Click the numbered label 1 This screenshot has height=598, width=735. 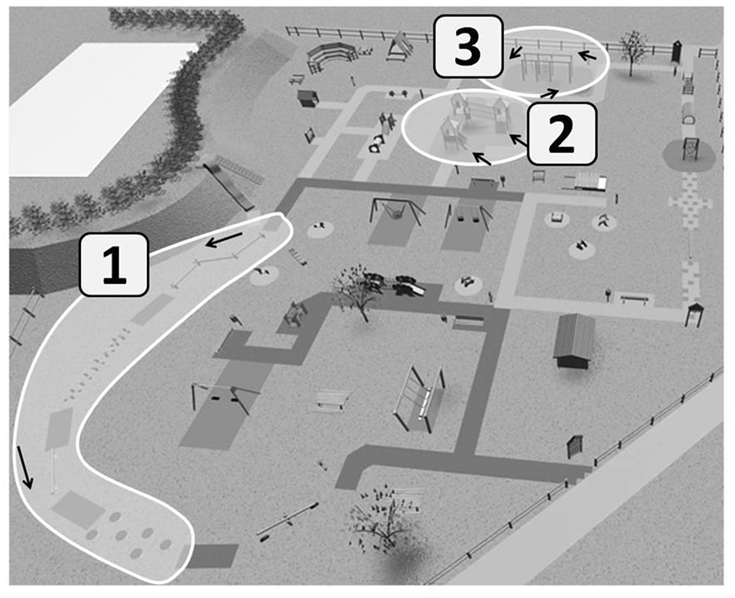coord(115,264)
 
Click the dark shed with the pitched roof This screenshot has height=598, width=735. coord(575,339)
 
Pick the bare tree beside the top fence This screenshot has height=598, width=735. coord(635,48)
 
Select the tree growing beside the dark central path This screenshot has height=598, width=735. coord(359,292)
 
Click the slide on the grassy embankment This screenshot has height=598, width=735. coord(229,186)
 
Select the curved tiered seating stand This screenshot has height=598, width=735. coord(330,56)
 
